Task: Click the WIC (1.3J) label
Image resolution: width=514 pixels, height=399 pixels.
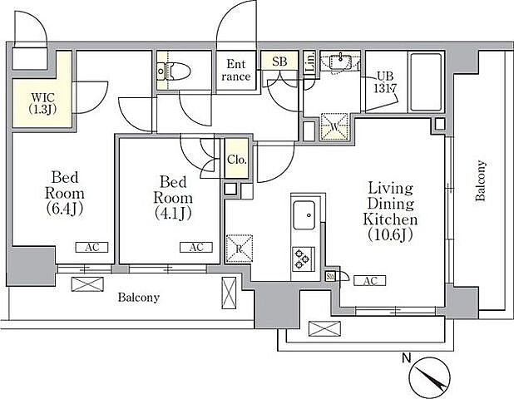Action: click(x=42, y=103)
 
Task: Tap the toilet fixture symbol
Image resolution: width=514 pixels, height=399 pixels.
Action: click(x=174, y=71)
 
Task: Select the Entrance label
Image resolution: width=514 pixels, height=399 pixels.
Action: click(x=235, y=70)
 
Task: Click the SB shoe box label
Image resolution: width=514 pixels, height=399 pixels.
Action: click(x=279, y=62)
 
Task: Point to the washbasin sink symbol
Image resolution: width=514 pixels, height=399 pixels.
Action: click(x=341, y=62)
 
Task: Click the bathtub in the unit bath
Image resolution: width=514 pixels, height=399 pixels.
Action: click(x=426, y=82)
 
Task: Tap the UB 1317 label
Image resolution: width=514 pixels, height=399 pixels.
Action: click(x=385, y=82)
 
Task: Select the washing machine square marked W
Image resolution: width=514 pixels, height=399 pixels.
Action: click(x=334, y=126)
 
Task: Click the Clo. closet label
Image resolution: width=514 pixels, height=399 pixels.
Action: click(x=237, y=160)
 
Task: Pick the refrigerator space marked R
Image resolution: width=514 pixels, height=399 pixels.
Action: click(x=240, y=249)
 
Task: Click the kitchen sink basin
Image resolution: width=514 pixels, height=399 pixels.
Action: click(x=304, y=215)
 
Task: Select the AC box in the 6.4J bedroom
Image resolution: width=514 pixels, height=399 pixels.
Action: click(x=91, y=248)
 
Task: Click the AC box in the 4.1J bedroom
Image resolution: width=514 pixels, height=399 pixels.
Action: click(x=196, y=248)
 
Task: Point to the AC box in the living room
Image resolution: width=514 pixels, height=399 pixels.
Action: click(x=370, y=281)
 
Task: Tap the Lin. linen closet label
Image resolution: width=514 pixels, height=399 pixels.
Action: click(x=310, y=62)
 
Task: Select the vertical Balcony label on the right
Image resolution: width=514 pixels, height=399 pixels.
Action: click(x=481, y=180)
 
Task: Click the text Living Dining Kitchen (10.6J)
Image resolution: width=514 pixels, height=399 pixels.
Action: click(x=390, y=211)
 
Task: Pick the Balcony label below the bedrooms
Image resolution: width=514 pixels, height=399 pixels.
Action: click(x=139, y=298)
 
